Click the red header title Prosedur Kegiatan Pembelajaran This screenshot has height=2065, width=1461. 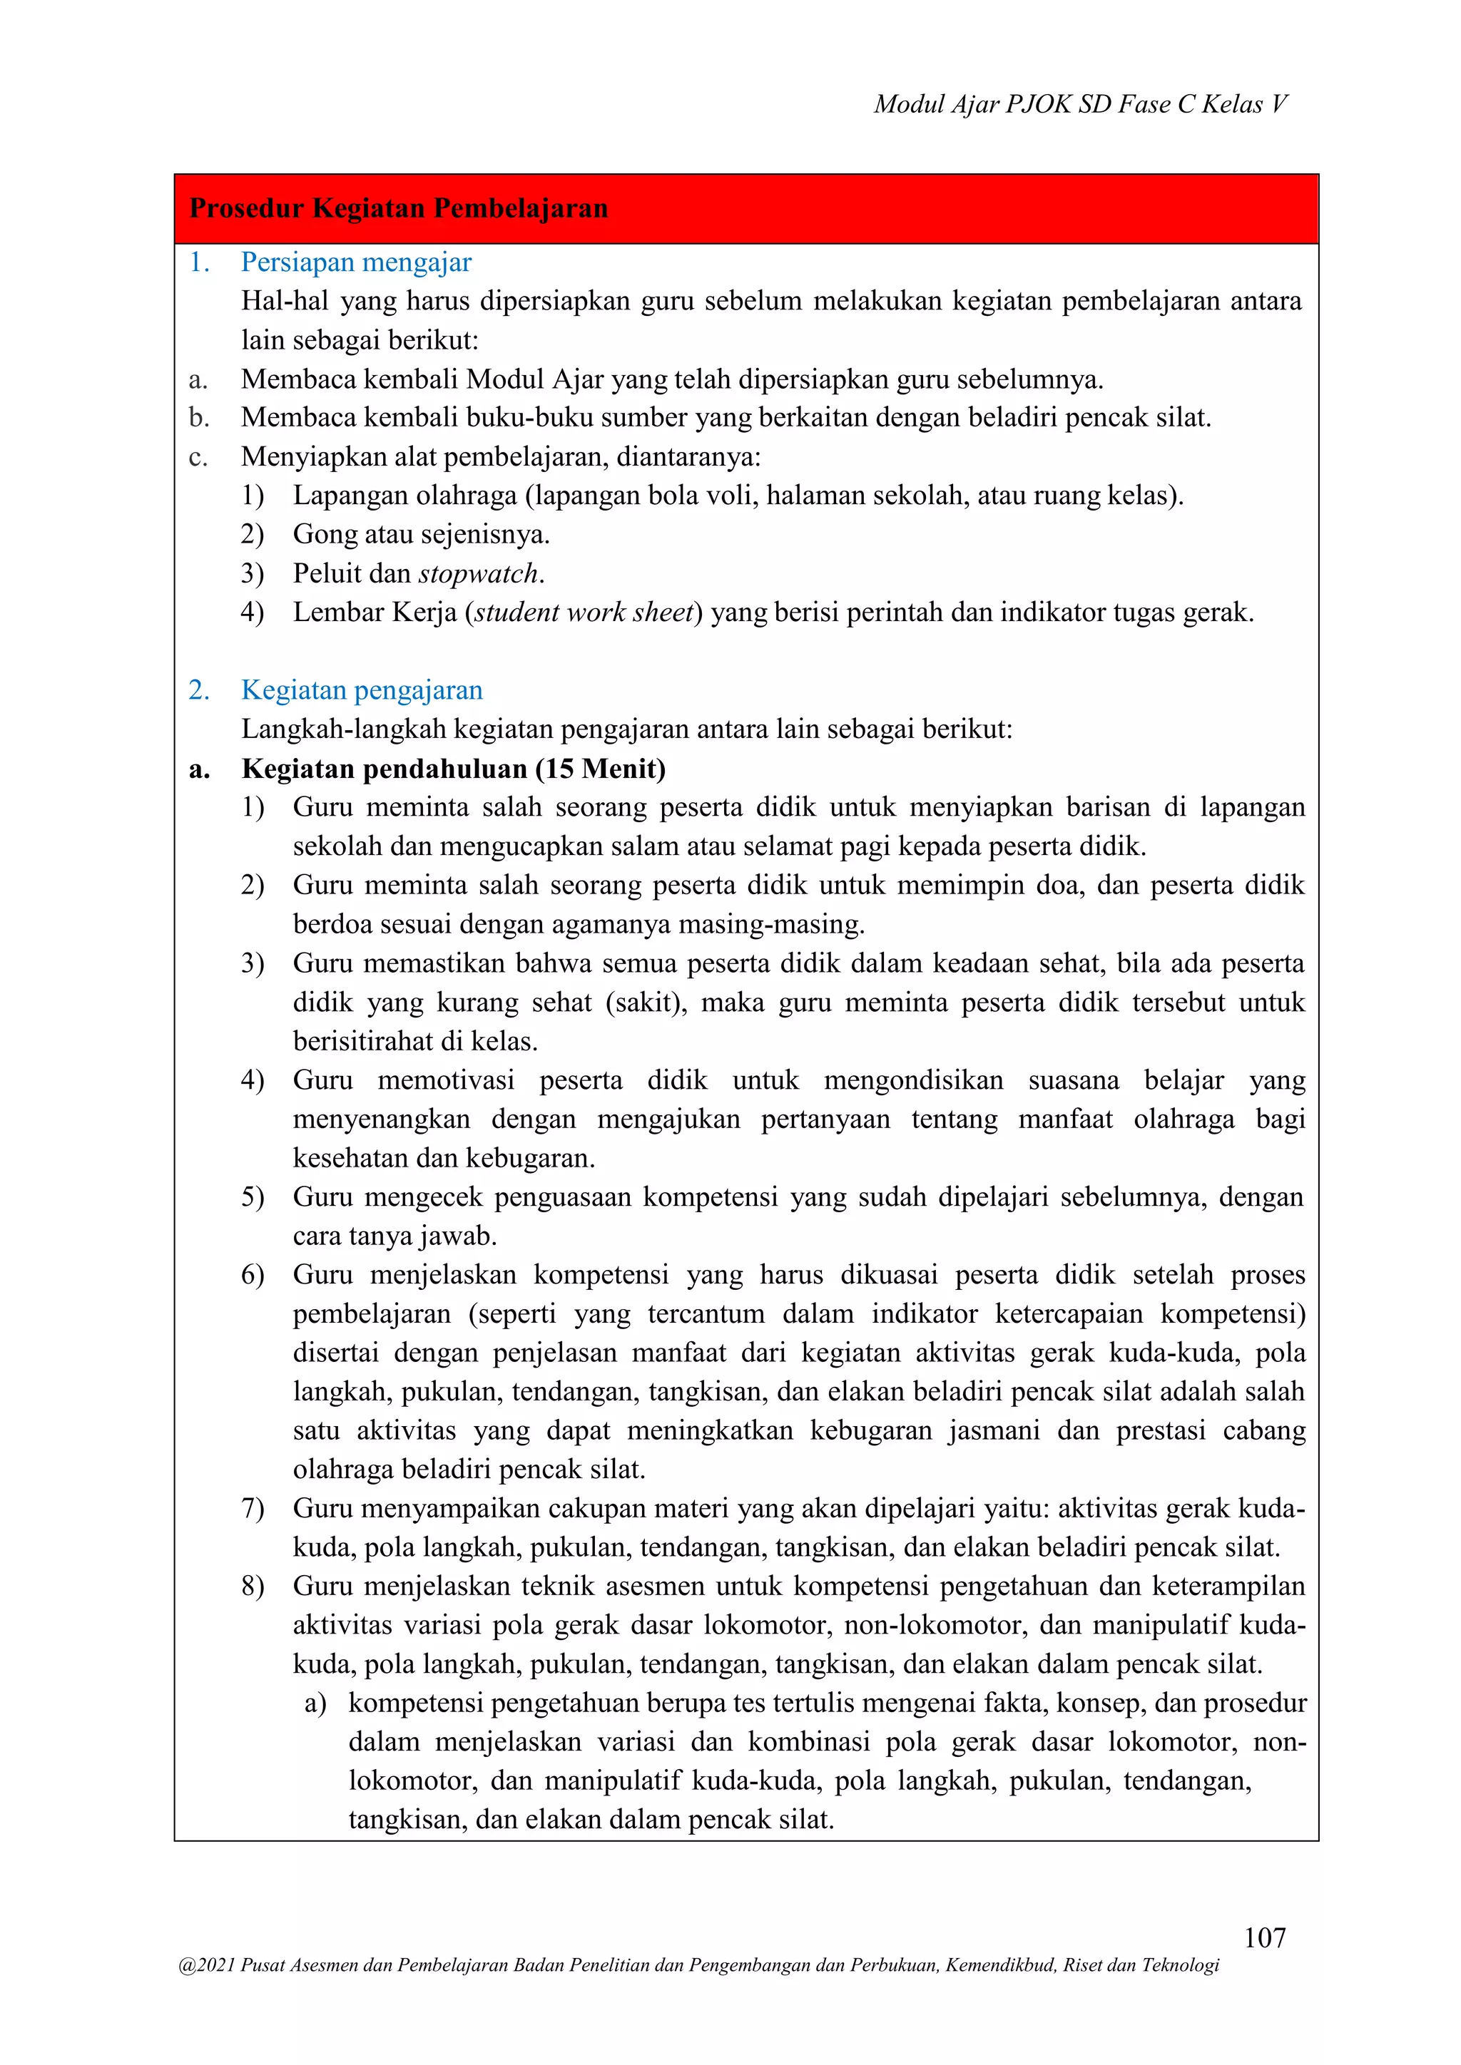click(x=399, y=209)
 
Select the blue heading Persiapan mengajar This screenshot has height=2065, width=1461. click(x=355, y=262)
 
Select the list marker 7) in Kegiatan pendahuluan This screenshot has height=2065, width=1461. click(x=253, y=1508)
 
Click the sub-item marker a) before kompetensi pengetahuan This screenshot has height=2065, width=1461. click(x=315, y=1703)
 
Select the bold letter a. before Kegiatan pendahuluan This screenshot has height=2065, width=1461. click(x=199, y=769)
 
